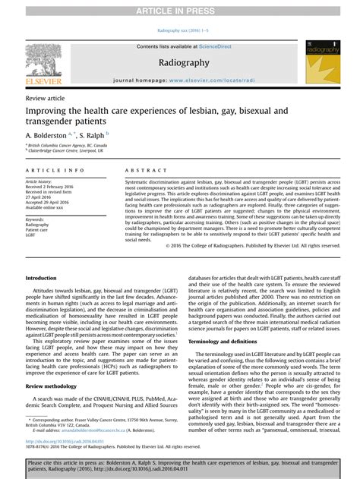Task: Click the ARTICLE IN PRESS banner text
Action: pos(179,8)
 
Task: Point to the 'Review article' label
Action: pos(46,99)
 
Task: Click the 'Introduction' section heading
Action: pos(41,279)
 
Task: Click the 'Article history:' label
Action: pos(40,183)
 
